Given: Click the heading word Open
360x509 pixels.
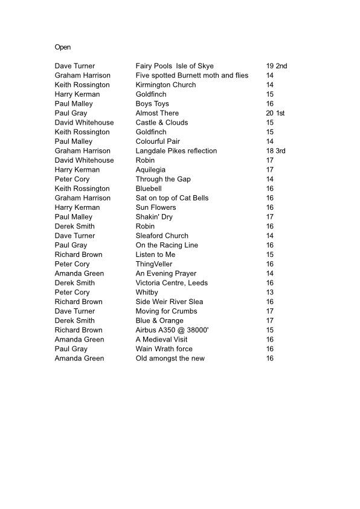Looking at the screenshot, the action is [x=63, y=47].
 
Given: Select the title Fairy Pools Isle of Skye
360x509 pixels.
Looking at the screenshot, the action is [x=175, y=66].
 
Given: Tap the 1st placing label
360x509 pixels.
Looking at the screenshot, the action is [x=280, y=113].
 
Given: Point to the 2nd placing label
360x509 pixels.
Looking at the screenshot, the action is [x=281, y=66].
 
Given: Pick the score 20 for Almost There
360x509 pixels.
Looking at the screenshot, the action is [x=269, y=113].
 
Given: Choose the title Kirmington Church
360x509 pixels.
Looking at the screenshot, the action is [x=166, y=85].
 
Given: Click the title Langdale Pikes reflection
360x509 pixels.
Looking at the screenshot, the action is [x=176, y=151].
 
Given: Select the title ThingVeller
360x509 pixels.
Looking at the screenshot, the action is [x=154, y=264].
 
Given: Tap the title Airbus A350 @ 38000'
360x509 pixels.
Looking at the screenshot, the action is [x=172, y=330].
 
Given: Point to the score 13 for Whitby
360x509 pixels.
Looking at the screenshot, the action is [x=269, y=292].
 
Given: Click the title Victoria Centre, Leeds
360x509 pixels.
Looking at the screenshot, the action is [x=172, y=283].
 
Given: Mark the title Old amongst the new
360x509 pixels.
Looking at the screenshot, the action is [x=170, y=358].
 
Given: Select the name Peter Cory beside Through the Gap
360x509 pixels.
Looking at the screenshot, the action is [x=72, y=179].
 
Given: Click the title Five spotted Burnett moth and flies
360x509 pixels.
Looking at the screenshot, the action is [x=192, y=76].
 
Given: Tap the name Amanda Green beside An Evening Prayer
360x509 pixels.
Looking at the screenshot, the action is [x=79, y=273].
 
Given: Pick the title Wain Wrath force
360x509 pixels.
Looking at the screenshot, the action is [x=164, y=349].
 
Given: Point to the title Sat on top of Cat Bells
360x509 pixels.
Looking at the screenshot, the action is [x=172, y=198].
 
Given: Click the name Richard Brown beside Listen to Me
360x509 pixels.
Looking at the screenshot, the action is [x=79, y=254].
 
